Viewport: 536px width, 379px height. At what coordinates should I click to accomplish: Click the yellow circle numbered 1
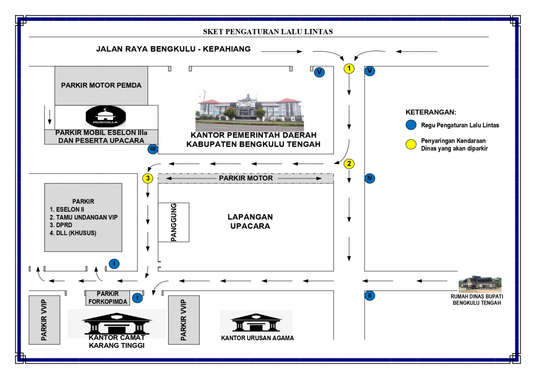point(349,69)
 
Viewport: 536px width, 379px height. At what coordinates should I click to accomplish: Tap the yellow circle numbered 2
point(349,164)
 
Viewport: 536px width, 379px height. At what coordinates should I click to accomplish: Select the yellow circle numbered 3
point(148,178)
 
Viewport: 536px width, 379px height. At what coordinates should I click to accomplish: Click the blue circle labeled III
point(153,149)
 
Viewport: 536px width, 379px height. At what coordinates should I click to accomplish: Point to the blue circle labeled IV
point(370,178)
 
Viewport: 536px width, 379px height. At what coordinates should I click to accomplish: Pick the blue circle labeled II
point(370,296)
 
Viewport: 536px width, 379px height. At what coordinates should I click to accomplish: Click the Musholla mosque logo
point(106,116)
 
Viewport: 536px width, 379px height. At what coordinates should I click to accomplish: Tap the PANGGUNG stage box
point(173,222)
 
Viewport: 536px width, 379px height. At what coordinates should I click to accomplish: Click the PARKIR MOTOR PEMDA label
point(101,86)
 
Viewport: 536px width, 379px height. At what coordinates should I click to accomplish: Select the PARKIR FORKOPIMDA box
point(108,298)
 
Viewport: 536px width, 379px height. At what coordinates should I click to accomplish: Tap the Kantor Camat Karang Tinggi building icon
point(117,324)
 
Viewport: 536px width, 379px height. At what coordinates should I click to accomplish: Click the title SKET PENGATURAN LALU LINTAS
point(268,31)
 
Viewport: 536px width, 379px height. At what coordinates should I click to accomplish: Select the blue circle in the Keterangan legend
point(411,125)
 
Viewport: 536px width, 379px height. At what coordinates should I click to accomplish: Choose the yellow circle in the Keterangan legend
point(411,144)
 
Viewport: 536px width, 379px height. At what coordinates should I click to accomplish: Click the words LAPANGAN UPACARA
point(250,221)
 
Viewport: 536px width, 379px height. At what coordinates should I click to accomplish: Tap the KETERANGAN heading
point(431,112)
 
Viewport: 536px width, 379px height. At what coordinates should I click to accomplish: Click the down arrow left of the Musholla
point(49,117)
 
